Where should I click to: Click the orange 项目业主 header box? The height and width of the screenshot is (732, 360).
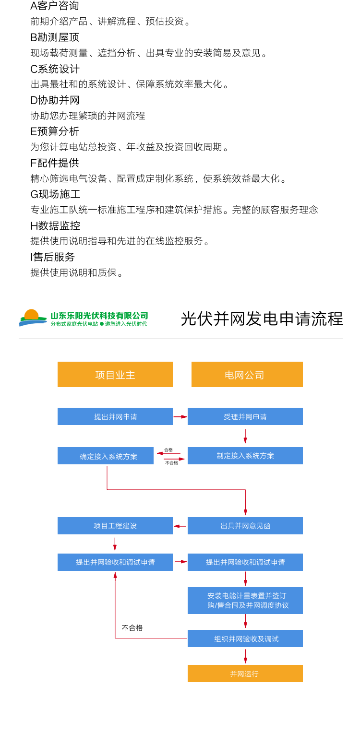coord(115,375)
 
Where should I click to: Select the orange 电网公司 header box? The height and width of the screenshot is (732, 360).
coord(247,375)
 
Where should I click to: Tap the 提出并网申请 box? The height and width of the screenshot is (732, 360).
coord(115,416)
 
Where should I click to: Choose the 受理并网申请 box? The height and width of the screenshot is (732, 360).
coord(245,416)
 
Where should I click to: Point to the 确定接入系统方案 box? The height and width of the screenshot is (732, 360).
coord(106,456)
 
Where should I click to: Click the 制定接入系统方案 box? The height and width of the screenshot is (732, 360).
coord(245,456)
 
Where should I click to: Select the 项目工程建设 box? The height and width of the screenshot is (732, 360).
coord(115,526)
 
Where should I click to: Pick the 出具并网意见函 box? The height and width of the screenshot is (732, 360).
coord(245,526)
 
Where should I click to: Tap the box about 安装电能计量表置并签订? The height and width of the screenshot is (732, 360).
coord(245,601)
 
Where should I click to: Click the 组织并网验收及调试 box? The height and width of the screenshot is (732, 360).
coord(245,638)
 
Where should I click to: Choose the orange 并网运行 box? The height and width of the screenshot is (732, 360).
coord(245,673)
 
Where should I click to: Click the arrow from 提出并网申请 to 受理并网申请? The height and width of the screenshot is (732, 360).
coord(180,417)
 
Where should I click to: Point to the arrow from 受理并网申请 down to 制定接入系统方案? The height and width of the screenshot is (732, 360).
coord(245,436)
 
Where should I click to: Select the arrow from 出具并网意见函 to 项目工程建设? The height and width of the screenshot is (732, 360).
coord(180,526)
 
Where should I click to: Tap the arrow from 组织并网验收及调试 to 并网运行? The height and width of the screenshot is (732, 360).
coord(245,656)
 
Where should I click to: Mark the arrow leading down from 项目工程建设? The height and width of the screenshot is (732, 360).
coord(115,544)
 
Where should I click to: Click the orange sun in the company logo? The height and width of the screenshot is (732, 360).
coord(31,315)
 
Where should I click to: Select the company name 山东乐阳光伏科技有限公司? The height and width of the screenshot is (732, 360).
coord(99,316)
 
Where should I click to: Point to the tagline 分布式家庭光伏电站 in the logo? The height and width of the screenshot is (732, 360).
coord(74,324)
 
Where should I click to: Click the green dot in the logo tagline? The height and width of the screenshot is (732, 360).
coord(102,324)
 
